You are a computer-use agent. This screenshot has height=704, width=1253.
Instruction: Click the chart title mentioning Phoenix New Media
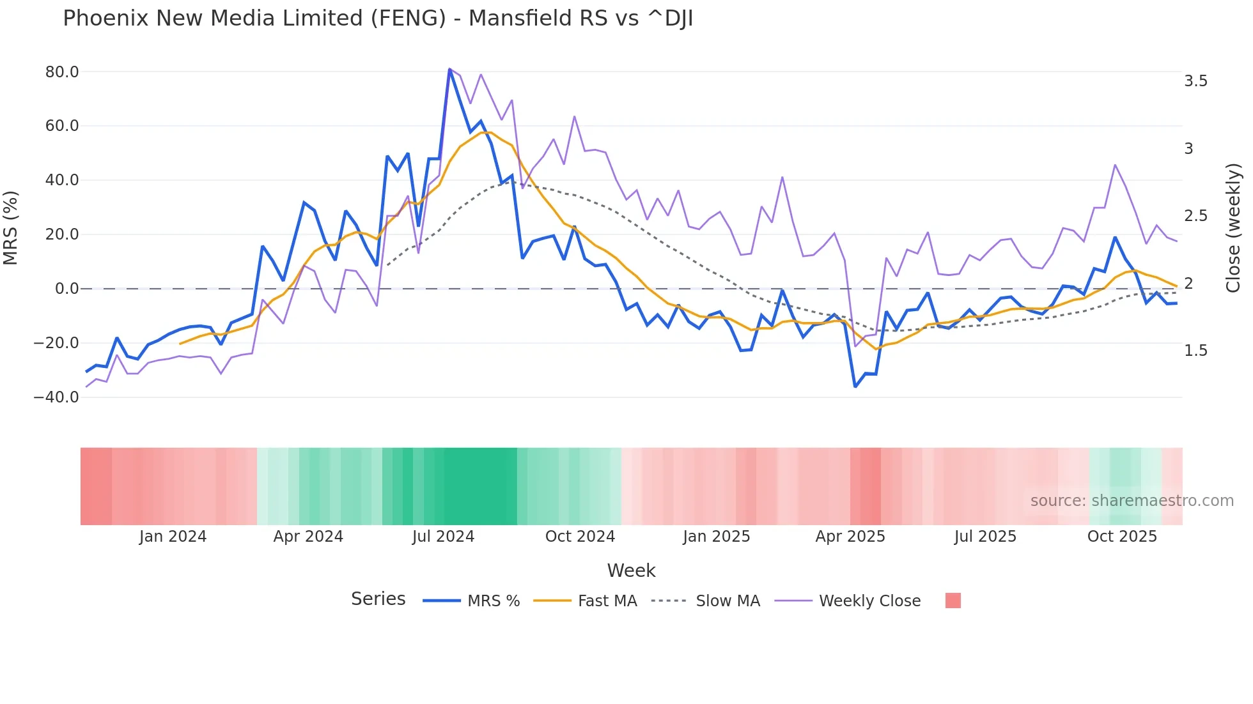[x=377, y=19]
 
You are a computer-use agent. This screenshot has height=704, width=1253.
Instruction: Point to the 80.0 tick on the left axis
[x=62, y=72]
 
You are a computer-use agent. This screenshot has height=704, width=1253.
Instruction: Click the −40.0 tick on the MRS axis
[x=56, y=397]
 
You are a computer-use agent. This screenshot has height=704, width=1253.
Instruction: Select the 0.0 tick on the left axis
[x=66, y=289]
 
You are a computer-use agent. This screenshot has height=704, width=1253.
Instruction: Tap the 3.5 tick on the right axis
[x=1195, y=81]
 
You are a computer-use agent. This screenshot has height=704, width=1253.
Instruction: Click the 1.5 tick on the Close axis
[x=1195, y=351]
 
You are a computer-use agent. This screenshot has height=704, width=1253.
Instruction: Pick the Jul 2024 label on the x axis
[x=443, y=537]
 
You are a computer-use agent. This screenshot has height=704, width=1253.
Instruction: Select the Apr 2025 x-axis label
[x=850, y=537]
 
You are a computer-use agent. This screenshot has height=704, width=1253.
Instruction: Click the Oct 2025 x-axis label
[x=1122, y=537]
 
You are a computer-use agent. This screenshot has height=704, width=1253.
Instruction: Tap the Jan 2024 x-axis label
[x=173, y=537]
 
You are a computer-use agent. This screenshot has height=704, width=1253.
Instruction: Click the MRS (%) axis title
[x=11, y=228]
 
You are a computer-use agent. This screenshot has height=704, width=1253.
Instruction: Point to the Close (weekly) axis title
[x=1234, y=228]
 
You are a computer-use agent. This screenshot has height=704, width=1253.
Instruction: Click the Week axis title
[x=631, y=570]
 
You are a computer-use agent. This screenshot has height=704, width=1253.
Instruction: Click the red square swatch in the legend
[x=953, y=601]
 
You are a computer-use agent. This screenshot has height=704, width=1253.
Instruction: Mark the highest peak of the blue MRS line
[x=449, y=70]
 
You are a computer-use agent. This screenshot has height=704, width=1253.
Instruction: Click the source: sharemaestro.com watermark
[x=1132, y=501]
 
